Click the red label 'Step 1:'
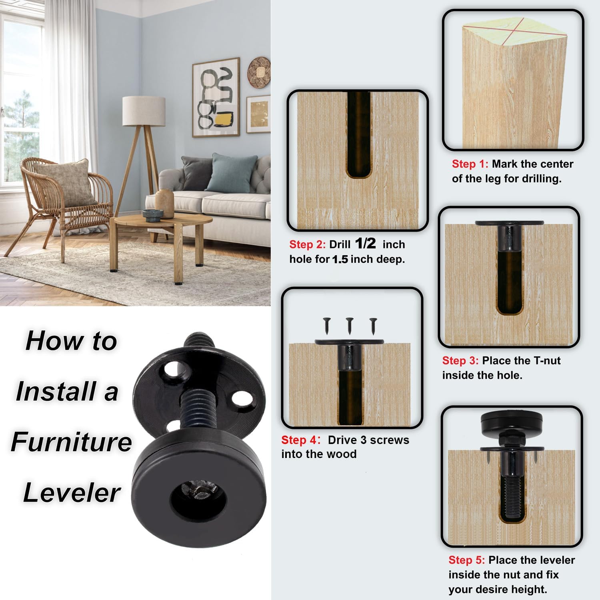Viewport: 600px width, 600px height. [x=470, y=164]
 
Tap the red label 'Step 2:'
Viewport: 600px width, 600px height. [x=307, y=244]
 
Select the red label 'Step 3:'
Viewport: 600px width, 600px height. [x=460, y=360]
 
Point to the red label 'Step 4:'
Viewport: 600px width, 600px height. [x=300, y=440]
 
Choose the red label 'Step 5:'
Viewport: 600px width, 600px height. [x=466, y=560]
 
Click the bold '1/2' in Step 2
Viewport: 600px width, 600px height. [x=365, y=243]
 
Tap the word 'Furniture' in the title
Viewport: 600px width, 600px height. [x=71, y=442]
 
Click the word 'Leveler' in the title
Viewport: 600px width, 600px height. [x=72, y=492]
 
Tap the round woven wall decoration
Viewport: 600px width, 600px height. [x=259, y=72]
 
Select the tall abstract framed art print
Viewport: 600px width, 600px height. [x=216, y=98]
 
